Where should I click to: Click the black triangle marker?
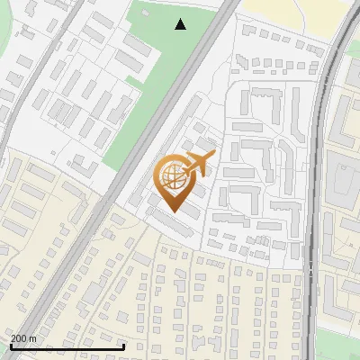pos(181,24)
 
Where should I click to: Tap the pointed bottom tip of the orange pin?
pos(175,212)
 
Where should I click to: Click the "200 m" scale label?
pos(23,338)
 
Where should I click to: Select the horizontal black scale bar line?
pos(67,346)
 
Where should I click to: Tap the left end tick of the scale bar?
pos(10,345)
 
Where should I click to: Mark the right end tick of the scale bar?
pos(123,345)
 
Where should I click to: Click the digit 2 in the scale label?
pos(13,338)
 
